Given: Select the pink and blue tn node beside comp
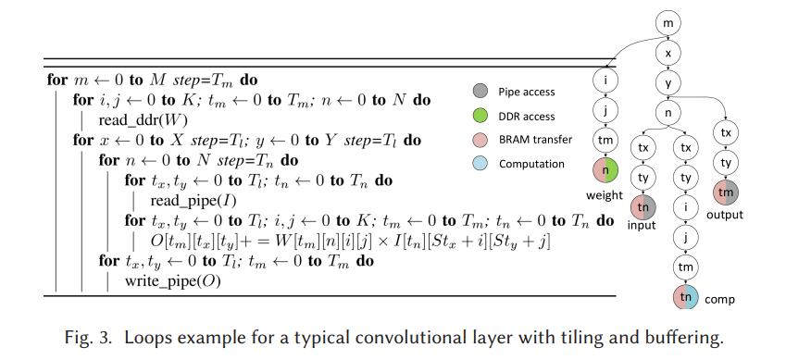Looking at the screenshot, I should coord(685,297).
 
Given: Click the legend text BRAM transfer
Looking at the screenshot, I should coord(536,140).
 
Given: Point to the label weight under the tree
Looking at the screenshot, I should coord(605,195).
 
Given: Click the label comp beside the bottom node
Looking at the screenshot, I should coord(720,301).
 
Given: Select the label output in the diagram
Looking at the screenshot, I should coord(725,216).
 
